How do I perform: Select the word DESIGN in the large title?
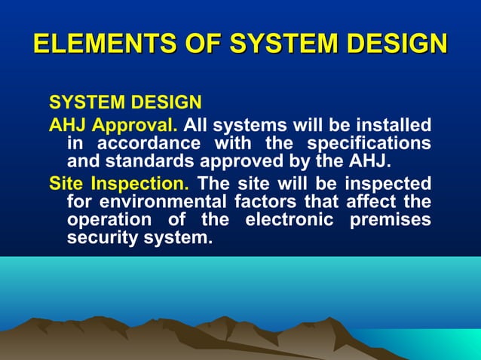click(x=392, y=43)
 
